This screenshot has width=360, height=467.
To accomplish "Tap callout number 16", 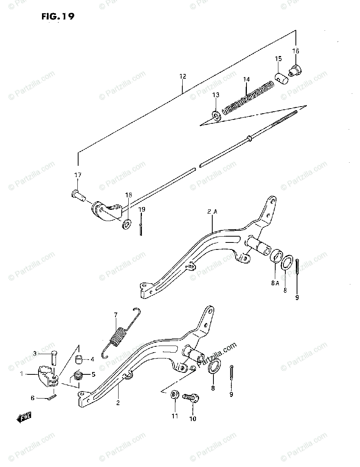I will coord(295,51).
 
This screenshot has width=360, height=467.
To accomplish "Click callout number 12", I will coord(183,77).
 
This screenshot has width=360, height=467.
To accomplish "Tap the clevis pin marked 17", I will coord(78,193).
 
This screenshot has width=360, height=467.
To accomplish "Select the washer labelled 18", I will coord(126,225).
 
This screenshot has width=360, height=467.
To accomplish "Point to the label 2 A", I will coord(212,212).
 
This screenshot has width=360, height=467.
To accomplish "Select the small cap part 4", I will coord(79,359).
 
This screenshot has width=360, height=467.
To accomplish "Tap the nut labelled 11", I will coord(175,396).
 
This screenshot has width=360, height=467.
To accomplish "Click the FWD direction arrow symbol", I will coord(24,418).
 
